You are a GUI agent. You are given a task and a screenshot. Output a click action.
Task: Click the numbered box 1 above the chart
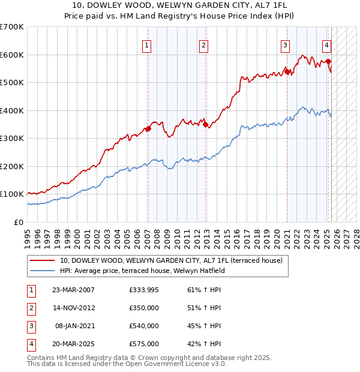coord(147,45)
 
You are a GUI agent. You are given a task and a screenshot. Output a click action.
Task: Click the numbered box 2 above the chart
coord(204,45)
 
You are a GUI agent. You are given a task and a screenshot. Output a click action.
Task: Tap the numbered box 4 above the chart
coord(326,45)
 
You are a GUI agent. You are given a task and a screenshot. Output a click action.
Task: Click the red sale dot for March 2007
coord(148,128)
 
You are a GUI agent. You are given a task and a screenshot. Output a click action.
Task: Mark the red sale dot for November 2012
coord(205,124)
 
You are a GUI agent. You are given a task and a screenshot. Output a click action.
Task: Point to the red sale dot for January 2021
coord(287,71)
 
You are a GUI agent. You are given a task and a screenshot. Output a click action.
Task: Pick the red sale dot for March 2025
coord(329,61)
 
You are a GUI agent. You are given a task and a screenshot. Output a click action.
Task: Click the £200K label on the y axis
coord(12,166)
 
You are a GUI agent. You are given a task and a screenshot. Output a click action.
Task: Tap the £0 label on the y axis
coord(19,222)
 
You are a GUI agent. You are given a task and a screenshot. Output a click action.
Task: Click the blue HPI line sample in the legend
coord(42,271)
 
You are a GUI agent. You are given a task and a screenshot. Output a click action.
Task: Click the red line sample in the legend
coord(42,260)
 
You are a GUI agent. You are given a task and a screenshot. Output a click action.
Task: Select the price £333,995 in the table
coord(143,290)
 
